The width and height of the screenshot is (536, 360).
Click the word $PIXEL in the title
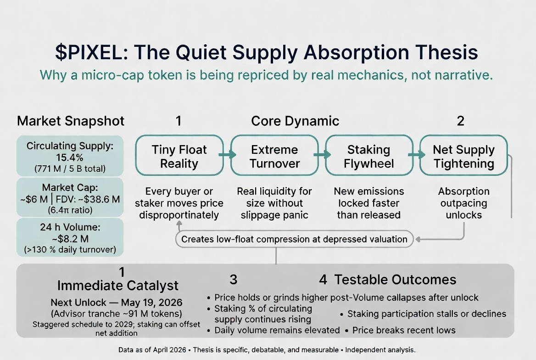(x=91, y=52)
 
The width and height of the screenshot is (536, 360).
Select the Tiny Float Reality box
(x=179, y=156)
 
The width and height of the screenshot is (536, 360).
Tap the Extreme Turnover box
(x=274, y=156)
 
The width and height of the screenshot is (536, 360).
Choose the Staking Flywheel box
(x=369, y=156)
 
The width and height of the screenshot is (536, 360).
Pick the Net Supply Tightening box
(x=463, y=156)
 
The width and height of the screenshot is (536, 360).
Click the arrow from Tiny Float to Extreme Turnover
(x=227, y=155)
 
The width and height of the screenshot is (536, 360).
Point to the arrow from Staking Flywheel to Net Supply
(x=416, y=155)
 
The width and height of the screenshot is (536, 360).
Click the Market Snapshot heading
(x=71, y=121)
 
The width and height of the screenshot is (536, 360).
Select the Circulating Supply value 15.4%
(x=70, y=157)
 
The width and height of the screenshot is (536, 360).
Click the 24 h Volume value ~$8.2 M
(x=70, y=238)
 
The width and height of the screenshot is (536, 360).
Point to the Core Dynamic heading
(x=295, y=121)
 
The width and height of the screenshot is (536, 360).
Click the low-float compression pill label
(x=294, y=239)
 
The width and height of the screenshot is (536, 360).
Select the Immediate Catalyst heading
(x=118, y=286)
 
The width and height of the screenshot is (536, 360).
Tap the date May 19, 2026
(x=152, y=303)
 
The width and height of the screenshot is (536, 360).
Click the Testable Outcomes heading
(x=395, y=280)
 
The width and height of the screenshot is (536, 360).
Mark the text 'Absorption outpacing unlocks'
(x=464, y=203)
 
